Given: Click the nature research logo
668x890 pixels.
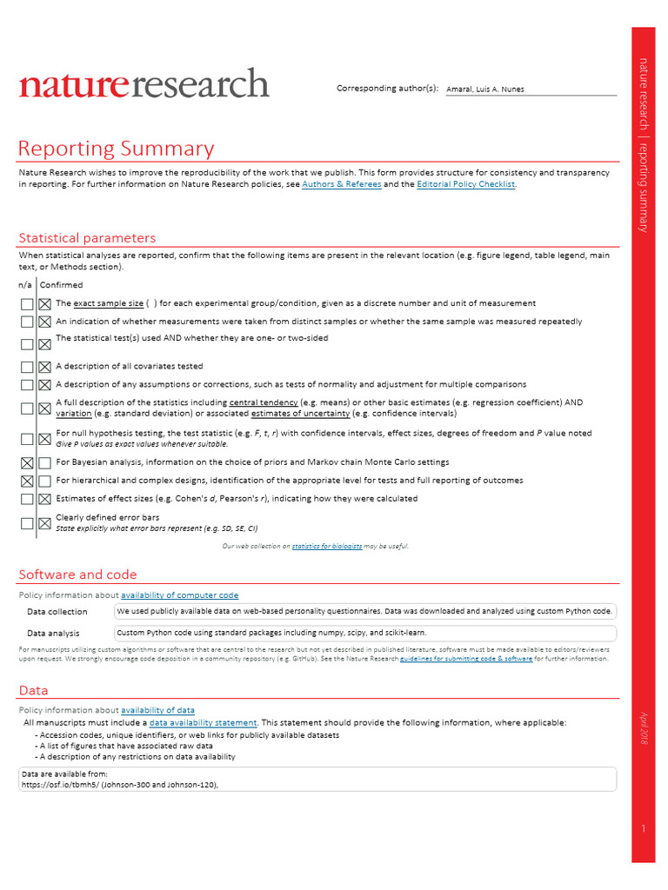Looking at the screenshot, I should pos(144,83).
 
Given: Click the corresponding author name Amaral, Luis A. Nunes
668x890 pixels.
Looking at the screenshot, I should pos(485,89).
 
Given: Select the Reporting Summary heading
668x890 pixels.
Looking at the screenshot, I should pos(116,149).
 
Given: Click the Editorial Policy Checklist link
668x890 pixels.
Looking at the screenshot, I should pos(466,184).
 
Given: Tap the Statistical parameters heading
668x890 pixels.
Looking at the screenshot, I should pos(87,237).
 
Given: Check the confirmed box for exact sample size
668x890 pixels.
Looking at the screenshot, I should pos(44,304).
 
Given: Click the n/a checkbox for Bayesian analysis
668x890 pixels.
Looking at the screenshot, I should pos(27,462).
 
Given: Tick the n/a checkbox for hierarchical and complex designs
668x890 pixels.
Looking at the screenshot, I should pos(27,481).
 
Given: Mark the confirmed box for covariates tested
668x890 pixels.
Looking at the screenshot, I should pos(44,367).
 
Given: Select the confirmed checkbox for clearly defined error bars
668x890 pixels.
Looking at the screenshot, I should pos(44,523).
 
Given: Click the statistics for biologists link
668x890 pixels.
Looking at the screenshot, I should pos(327,546).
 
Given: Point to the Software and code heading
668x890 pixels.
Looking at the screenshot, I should pos(77,575).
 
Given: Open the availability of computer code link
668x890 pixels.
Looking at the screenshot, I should pos(179,595).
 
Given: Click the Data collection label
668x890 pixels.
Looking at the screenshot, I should pos(57,612).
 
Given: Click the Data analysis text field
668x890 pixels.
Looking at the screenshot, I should pos(364,633).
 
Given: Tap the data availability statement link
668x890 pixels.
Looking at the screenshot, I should pos(203,723).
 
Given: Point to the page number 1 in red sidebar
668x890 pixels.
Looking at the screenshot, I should pos(643,829).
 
